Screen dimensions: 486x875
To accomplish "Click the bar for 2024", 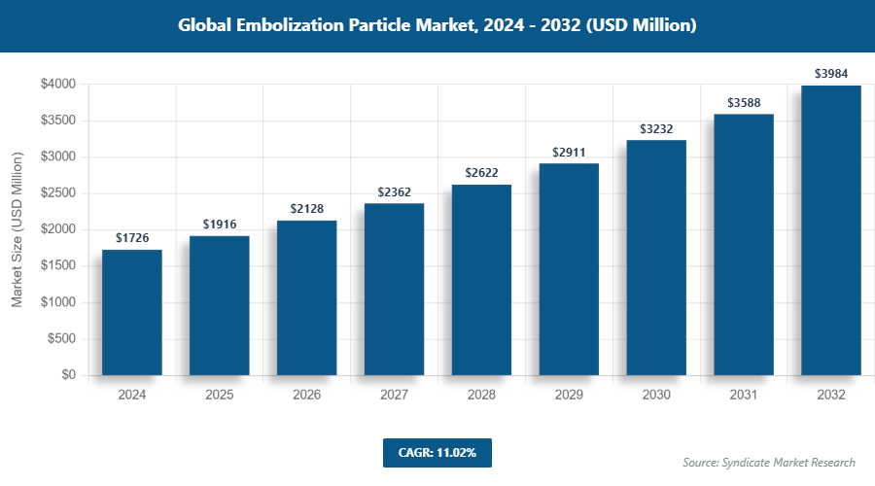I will tap(132, 312).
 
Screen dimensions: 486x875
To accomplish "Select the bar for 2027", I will tap(395, 289).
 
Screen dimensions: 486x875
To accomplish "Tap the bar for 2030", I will tap(656, 258).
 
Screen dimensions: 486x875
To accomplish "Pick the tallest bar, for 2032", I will tap(831, 230).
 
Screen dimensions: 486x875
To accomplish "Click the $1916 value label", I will tap(220, 225).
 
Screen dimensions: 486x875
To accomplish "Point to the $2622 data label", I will tap(481, 173).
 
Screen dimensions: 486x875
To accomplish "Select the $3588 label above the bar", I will tap(744, 103).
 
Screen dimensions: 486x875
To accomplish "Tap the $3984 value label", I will tap(831, 74).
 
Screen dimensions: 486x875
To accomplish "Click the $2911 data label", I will tap(569, 153).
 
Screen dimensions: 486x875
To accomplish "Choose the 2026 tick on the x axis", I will tap(307, 395).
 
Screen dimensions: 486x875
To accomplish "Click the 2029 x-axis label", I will tap(569, 395).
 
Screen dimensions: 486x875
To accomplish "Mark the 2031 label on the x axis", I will tap(744, 395).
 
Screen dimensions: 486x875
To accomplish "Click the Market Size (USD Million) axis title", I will tap(17, 229).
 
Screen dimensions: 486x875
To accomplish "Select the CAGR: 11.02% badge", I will tap(437, 452).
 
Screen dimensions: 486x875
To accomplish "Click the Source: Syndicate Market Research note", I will tap(768, 463).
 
